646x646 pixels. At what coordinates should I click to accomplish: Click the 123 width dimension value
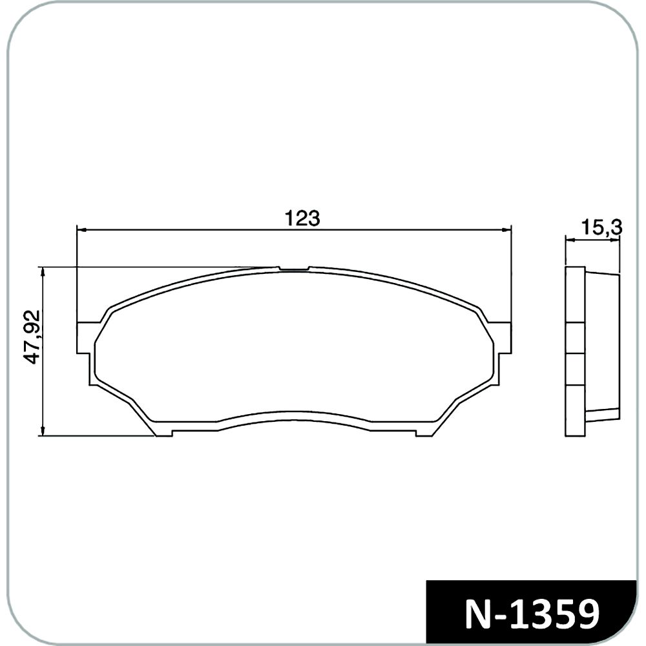coord(302,218)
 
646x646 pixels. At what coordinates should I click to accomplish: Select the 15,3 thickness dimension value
coord(601,227)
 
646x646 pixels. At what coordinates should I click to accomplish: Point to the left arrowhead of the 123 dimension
coord(81,230)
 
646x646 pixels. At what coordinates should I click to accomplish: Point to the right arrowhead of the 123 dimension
coord(506,230)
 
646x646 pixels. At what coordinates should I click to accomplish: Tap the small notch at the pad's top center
coord(294,269)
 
